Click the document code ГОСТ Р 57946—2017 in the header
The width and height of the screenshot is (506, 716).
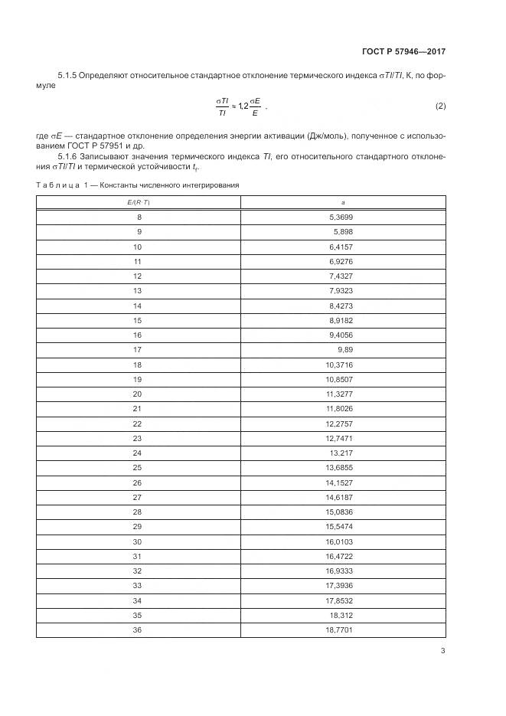(x=403, y=51)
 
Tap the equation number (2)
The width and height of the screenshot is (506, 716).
(x=440, y=105)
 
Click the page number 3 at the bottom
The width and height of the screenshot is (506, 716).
(x=443, y=652)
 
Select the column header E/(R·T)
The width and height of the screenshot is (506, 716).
(x=138, y=202)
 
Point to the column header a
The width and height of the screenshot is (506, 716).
(x=342, y=202)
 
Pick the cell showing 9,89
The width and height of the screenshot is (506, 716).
(x=344, y=350)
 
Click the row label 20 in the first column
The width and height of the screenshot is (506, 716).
(x=138, y=394)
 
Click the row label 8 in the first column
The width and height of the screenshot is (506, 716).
(x=139, y=217)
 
